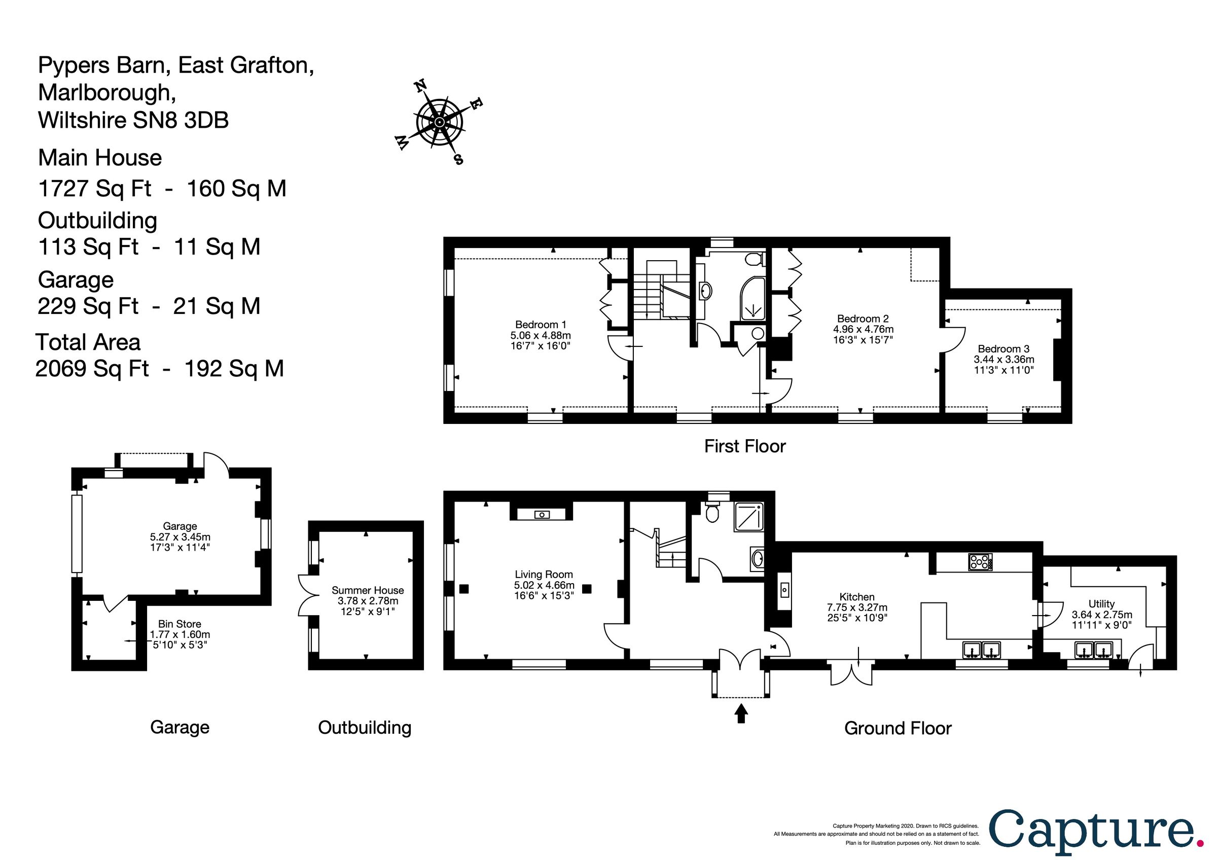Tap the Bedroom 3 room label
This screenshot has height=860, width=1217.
pos(1004,349)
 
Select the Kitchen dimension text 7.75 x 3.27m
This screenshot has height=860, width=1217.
pos(857,607)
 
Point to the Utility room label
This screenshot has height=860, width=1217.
pos(1101,603)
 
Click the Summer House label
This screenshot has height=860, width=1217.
pos(367,590)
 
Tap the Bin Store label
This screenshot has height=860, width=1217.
pos(179,624)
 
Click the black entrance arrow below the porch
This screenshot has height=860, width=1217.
pos(741,712)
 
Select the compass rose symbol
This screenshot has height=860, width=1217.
pos(439,123)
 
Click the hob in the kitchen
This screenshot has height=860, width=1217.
pos(980,562)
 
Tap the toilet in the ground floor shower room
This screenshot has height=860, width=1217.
pos(712,512)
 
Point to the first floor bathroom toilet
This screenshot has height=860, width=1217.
pos(752,260)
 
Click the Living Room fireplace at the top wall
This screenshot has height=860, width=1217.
pos(541,514)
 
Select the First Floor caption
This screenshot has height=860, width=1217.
pos(744,446)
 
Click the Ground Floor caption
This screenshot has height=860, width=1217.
pos(898,728)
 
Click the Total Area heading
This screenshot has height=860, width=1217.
pos(88,342)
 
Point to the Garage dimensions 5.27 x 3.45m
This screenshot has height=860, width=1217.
pos(180,537)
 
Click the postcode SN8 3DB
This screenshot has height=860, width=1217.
pos(181,120)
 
